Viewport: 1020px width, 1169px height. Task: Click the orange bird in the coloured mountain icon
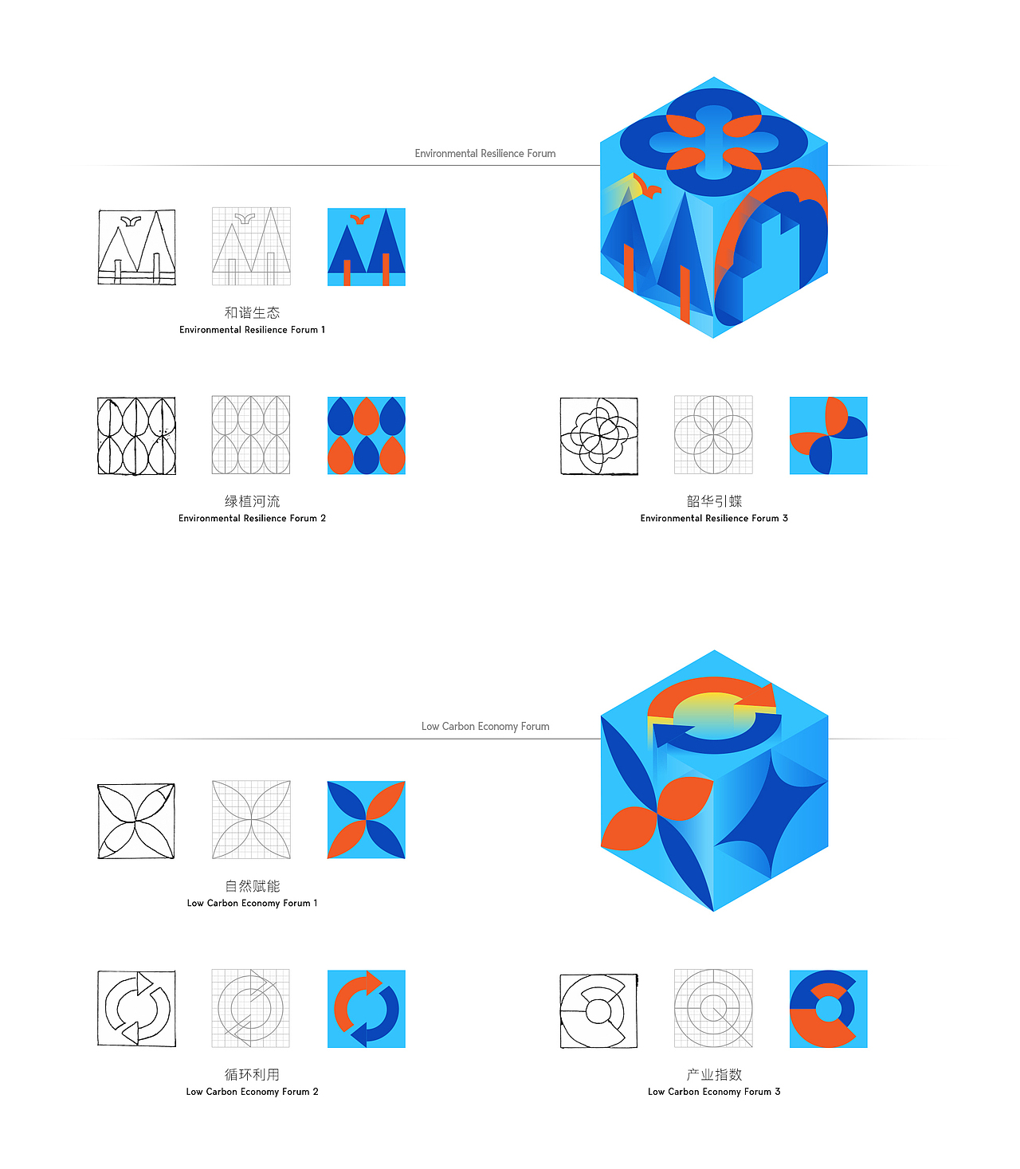point(360,218)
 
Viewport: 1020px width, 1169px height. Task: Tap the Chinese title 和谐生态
point(252,312)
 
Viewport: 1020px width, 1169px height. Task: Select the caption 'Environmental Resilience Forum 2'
point(252,518)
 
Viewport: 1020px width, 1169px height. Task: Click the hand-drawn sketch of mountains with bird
point(136,247)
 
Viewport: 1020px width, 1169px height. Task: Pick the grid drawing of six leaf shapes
point(251,435)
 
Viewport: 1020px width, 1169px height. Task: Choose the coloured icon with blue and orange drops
point(367,435)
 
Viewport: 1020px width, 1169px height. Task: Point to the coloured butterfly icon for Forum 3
point(829,435)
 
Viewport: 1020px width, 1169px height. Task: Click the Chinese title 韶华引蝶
point(714,501)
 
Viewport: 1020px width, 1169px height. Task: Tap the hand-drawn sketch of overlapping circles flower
point(599,436)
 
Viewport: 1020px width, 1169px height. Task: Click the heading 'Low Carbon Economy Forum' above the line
point(485,726)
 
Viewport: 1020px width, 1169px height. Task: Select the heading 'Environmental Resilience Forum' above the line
point(485,153)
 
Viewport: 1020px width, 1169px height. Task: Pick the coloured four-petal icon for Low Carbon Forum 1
point(367,820)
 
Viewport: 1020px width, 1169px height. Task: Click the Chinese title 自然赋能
point(252,886)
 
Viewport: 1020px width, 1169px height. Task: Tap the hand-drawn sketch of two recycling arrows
point(136,1008)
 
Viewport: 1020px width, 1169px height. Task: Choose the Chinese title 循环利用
point(252,1074)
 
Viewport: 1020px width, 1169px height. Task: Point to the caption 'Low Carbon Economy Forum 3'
point(714,1092)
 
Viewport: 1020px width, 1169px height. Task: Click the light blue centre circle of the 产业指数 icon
point(829,1010)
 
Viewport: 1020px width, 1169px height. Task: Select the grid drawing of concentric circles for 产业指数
point(713,1008)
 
